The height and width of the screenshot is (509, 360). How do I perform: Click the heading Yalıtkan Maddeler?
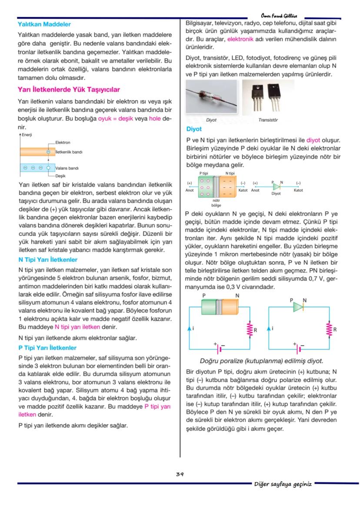point(44,24)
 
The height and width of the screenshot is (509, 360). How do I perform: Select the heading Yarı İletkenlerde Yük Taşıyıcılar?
point(69,90)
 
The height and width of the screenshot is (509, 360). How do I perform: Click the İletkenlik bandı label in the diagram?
point(69,152)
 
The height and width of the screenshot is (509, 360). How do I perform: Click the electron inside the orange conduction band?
point(49,152)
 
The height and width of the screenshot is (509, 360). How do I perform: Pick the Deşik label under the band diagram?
point(60,176)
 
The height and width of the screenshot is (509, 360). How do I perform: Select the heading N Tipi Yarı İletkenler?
point(48,260)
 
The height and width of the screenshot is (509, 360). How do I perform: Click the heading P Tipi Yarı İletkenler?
point(47,348)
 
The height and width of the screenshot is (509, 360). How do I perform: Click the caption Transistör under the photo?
point(268,120)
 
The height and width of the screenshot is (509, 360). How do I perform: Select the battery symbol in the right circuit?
point(298,349)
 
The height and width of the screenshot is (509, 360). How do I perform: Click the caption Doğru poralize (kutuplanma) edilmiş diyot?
point(261,361)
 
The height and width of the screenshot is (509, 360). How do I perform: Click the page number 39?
point(180,475)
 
